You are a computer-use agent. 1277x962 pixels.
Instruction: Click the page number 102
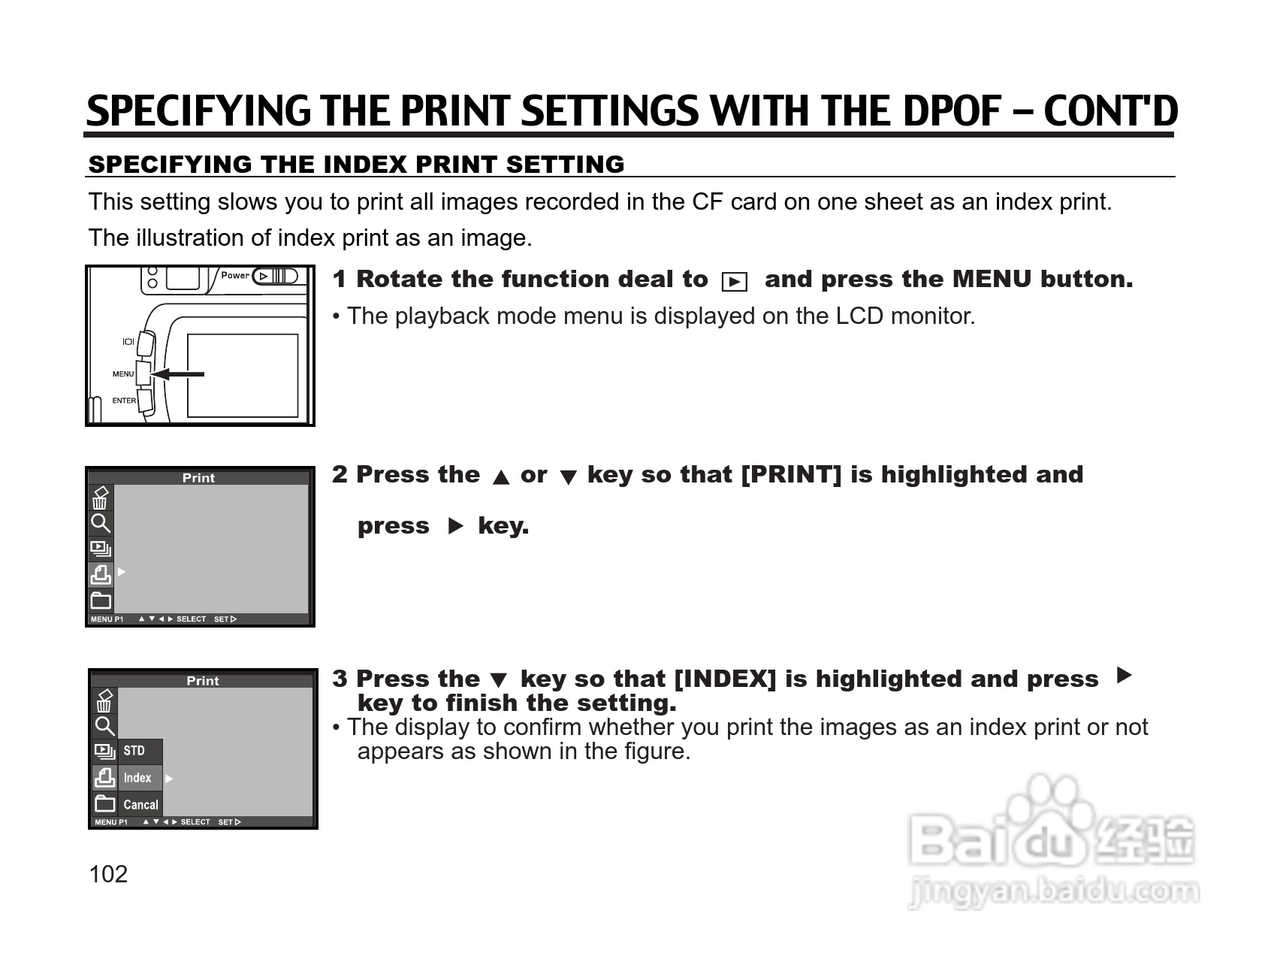click(108, 874)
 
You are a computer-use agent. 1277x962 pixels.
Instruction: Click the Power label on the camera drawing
click(235, 275)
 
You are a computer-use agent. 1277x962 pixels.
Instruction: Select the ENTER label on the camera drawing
click(124, 401)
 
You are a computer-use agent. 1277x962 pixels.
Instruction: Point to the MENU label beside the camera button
click(123, 374)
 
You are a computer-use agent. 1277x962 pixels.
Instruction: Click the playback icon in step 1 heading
click(734, 282)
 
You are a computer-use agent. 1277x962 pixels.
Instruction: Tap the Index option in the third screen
click(137, 778)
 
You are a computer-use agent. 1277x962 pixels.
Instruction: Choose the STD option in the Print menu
click(134, 751)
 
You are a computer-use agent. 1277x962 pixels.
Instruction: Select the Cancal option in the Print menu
click(140, 805)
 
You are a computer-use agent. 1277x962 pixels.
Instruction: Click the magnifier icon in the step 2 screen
click(101, 523)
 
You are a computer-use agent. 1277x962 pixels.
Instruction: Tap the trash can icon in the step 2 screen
click(100, 498)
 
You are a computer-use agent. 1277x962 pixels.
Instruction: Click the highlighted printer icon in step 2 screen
click(101, 575)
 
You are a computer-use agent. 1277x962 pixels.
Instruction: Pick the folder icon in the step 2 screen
click(101, 600)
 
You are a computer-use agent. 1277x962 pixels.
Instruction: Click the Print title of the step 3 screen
click(203, 681)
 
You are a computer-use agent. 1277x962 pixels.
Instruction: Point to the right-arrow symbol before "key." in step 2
click(455, 526)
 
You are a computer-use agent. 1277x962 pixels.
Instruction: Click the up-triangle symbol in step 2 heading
click(500, 477)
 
